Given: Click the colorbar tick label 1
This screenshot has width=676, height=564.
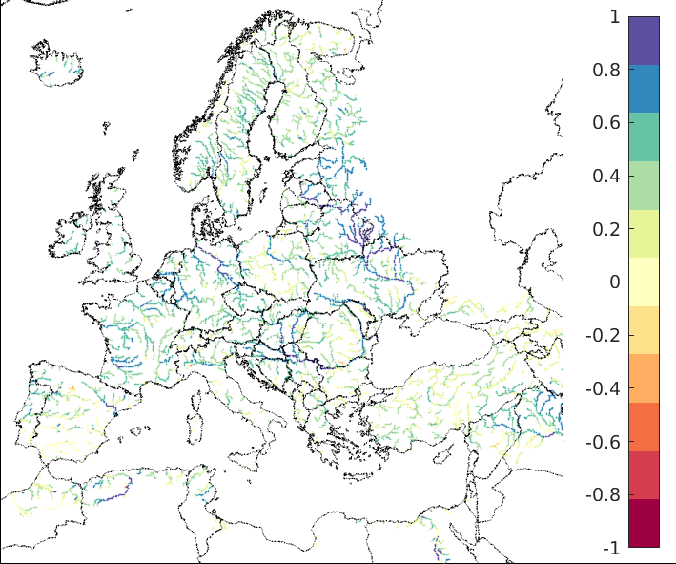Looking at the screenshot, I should (615, 17).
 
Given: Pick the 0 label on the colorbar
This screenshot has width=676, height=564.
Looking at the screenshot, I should (615, 282).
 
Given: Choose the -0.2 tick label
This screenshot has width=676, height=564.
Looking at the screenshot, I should (606, 336).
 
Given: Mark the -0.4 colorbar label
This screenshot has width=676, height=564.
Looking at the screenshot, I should (606, 389).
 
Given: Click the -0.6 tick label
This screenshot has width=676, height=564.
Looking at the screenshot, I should (606, 442).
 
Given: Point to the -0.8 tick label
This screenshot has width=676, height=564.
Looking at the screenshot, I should (606, 495).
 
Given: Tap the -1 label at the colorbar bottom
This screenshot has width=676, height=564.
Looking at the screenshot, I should (612, 549).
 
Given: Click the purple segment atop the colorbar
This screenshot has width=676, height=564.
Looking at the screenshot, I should (644, 41).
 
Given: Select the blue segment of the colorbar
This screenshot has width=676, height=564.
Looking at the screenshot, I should (644, 89).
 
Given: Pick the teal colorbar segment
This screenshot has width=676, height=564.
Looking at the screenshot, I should (644, 137).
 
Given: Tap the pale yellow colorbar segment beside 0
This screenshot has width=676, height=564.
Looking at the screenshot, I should (644, 282).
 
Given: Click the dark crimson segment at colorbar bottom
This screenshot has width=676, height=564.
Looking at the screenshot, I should (644, 524).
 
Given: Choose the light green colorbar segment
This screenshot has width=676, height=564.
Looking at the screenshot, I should (644, 185).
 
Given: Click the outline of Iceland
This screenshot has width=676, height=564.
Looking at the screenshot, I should (57, 62).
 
